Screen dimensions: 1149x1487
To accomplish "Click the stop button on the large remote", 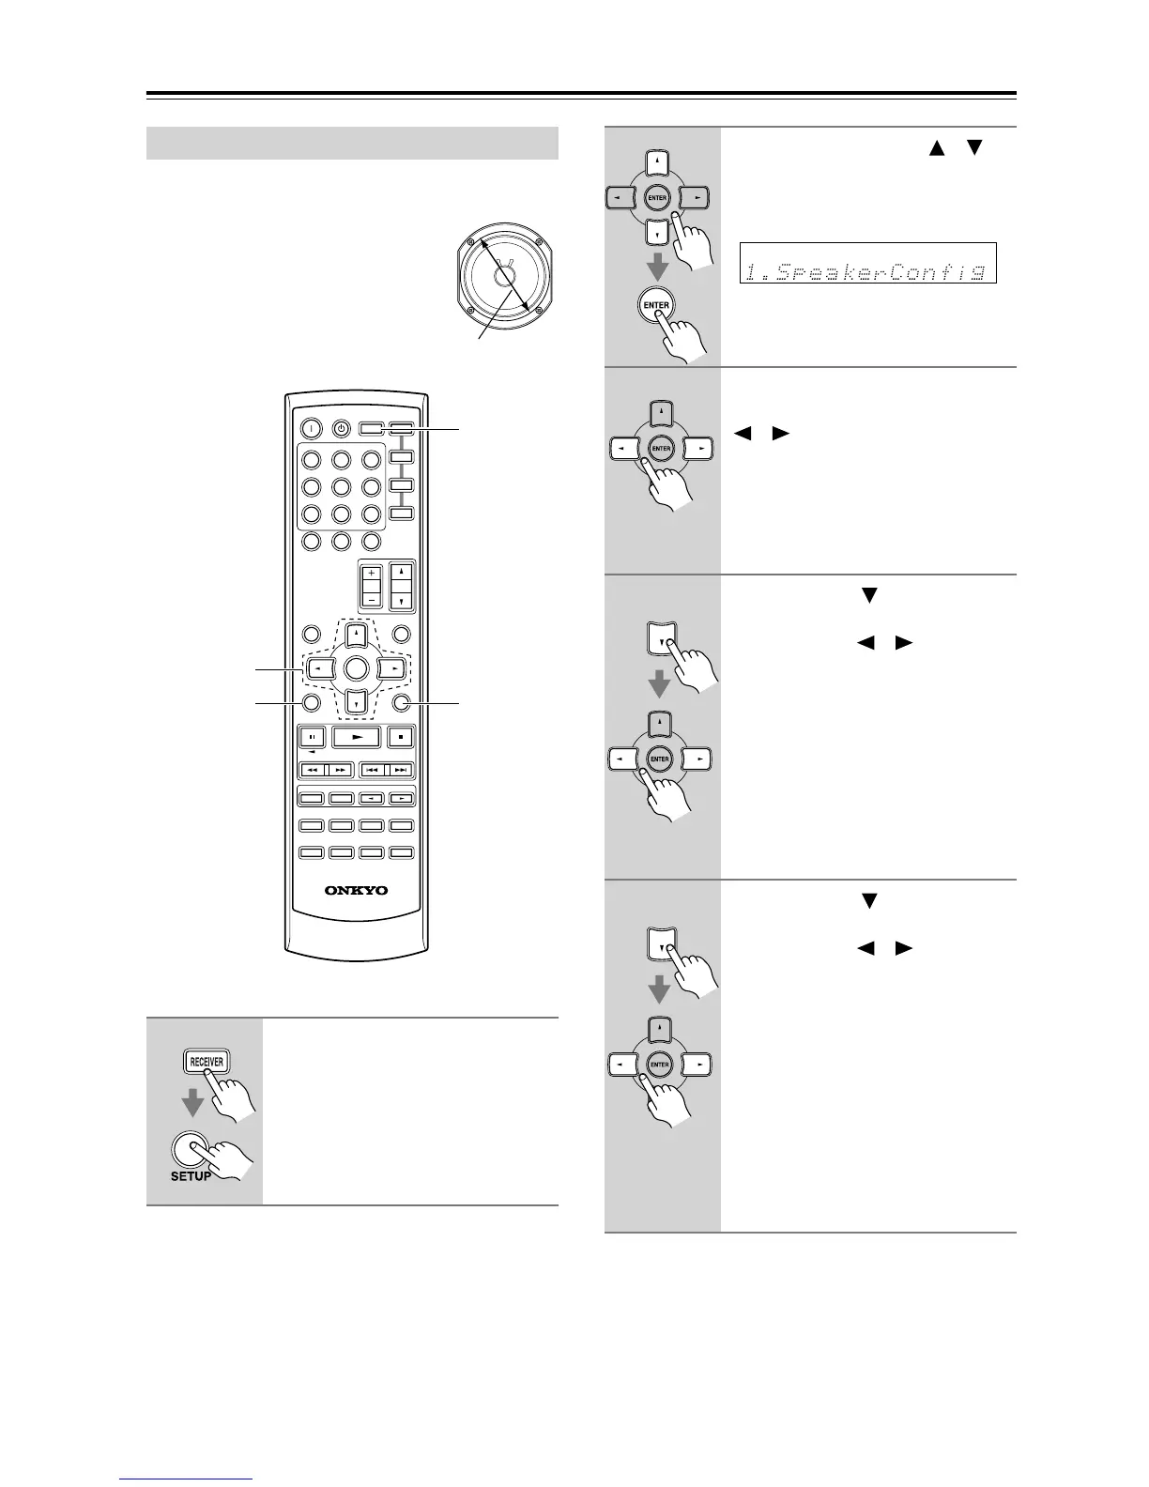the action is (401, 737).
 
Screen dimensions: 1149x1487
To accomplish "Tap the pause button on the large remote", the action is (313, 737).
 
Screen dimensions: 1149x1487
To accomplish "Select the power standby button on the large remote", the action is (342, 428).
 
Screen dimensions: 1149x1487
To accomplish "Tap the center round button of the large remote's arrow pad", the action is (356, 668).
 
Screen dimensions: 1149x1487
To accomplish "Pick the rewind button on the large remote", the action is (313, 770).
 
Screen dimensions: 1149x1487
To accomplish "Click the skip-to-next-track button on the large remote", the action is (401, 770).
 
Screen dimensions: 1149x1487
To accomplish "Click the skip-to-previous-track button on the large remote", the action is (373, 770).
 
